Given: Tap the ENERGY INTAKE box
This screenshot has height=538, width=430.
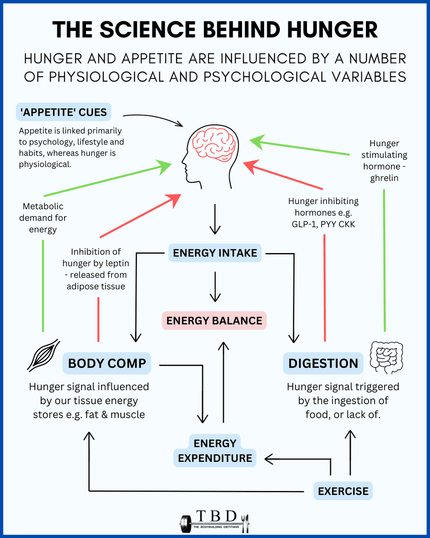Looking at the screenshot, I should point(215,253).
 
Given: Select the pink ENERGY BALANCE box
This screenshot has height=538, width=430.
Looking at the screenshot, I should point(214,321).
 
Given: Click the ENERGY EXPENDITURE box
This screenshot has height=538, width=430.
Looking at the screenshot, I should point(215,451).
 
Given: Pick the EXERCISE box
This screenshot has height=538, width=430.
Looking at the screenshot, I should point(343,491).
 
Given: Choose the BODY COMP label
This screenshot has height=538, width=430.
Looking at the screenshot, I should point(107,363).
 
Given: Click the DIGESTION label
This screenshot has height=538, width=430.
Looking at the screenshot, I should point(323,363).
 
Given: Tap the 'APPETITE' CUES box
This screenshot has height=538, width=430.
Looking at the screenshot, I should point(64,112).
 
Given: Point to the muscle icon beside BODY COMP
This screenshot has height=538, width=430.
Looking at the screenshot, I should point(43,355).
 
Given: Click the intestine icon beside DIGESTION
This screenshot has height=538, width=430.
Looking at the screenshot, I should point(386,357).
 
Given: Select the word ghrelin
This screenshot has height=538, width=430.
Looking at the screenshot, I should point(384,178).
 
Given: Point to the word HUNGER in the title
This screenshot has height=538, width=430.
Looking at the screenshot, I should point(332,30).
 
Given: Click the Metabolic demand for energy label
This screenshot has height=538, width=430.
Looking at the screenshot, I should point(43,218).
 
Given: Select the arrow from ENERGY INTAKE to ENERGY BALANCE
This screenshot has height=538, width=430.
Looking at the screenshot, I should point(215,286).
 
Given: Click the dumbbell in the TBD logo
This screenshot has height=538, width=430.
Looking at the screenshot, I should point(186,523).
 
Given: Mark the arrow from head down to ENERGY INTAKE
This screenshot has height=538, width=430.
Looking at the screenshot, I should point(215,220).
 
